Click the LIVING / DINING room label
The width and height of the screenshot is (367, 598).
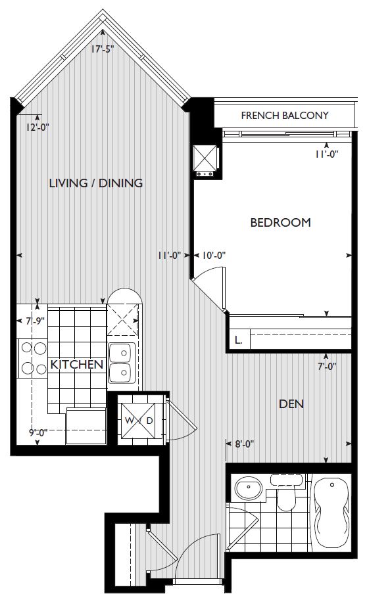coord(96,183)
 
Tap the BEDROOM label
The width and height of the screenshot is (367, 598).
coord(280,222)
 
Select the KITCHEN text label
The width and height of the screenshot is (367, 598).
coord(77,365)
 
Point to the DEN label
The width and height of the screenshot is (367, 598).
coord(291,404)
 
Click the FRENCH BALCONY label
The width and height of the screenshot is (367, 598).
coord(285,115)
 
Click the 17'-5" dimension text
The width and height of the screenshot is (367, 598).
coord(103,49)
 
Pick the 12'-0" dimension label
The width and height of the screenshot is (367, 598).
coord(37,127)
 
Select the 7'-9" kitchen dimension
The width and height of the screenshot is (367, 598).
coord(36,321)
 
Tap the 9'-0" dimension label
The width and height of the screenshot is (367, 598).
coord(38,432)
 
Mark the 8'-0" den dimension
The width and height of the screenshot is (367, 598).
coord(245,444)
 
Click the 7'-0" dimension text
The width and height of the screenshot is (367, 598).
coord(327,367)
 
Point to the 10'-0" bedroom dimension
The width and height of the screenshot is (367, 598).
coord(214,255)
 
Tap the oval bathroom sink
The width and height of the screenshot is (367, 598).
coord(249,488)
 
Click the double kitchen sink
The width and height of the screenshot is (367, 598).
coord(120,362)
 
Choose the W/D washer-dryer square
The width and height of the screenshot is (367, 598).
coord(139,421)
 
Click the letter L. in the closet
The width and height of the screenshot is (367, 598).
coord(238,340)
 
